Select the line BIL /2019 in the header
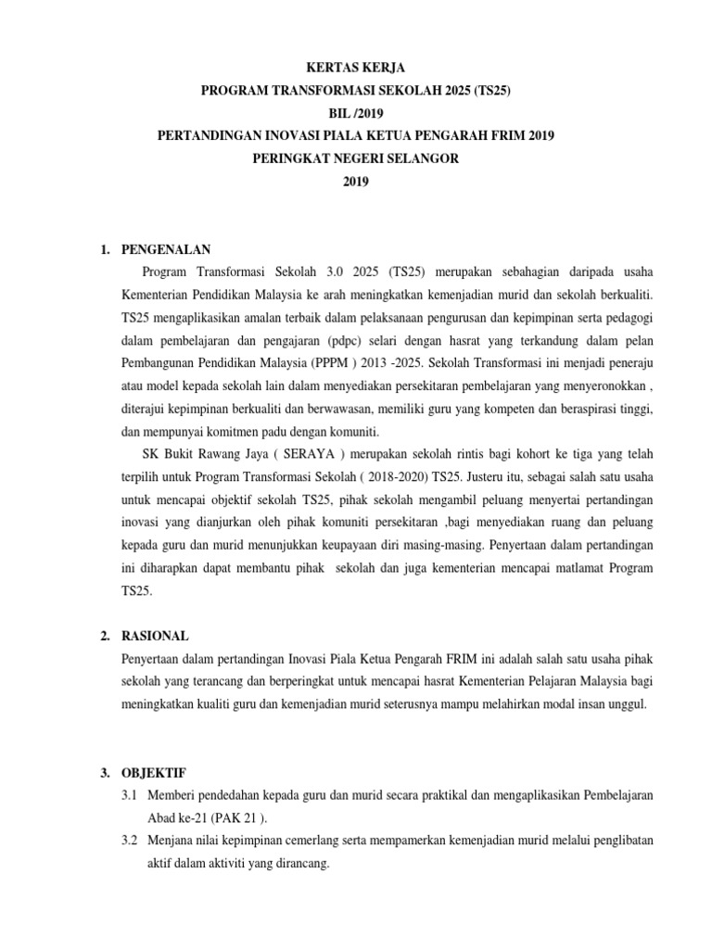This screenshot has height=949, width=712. [356, 113]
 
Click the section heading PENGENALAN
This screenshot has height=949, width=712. [166, 249]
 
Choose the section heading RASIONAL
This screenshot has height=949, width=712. [155, 636]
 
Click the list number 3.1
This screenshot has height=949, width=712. [130, 795]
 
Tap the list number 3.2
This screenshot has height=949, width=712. [130, 840]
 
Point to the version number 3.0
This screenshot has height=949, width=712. [337, 272]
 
